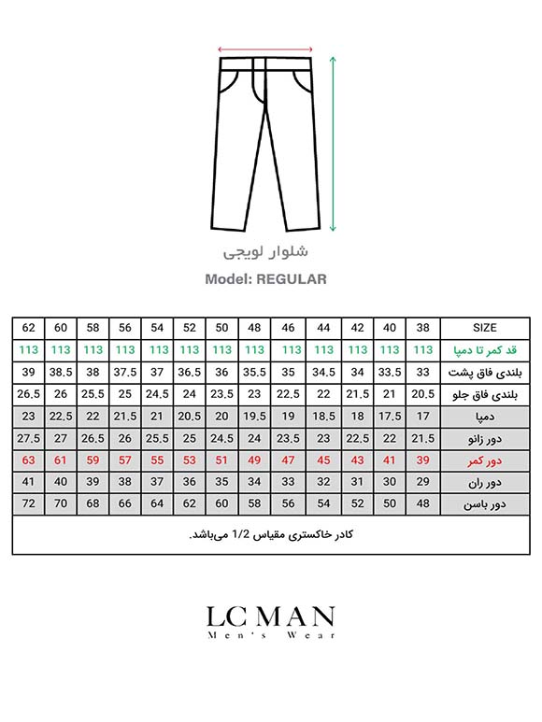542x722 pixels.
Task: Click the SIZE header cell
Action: (485, 328)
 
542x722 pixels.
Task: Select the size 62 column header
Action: (28, 328)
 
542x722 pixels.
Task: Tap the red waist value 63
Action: (28, 460)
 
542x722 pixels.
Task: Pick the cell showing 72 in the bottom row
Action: (28, 504)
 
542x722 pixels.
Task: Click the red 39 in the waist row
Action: (423, 460)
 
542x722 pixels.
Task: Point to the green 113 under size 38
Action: (423, 350)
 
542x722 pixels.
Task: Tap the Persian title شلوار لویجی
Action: (266, 252)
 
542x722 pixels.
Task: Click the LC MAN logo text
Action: (270, 616)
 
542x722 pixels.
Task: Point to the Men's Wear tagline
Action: (270, 636)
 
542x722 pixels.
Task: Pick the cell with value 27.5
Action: (28, 438)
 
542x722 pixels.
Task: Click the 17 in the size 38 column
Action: (423, 416)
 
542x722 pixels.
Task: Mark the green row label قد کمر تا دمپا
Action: (485, 350)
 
